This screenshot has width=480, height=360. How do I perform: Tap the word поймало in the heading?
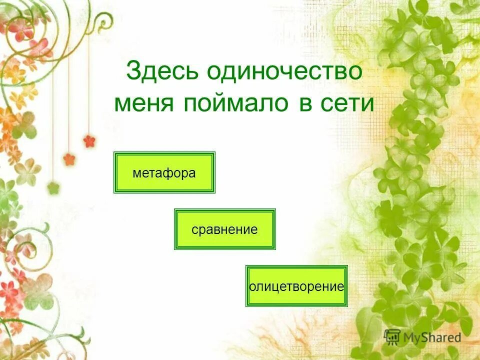coord(237,103)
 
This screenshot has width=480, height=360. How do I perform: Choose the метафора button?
coord(164,172)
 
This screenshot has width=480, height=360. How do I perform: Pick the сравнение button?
coord(224,229)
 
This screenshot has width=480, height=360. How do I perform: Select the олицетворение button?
coord(296,286)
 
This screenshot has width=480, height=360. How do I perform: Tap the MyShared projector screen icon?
coord(392,336)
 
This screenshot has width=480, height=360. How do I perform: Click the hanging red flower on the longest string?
coord(89,141)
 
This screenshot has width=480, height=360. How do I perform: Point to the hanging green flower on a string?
coord(53,188)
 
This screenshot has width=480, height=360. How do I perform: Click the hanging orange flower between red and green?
coord(69,159)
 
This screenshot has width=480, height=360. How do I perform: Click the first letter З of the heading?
coord(133,71)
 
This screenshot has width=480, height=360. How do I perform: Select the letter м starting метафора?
coord(136,173)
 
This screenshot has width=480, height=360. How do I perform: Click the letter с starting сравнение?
coord(194,230)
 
